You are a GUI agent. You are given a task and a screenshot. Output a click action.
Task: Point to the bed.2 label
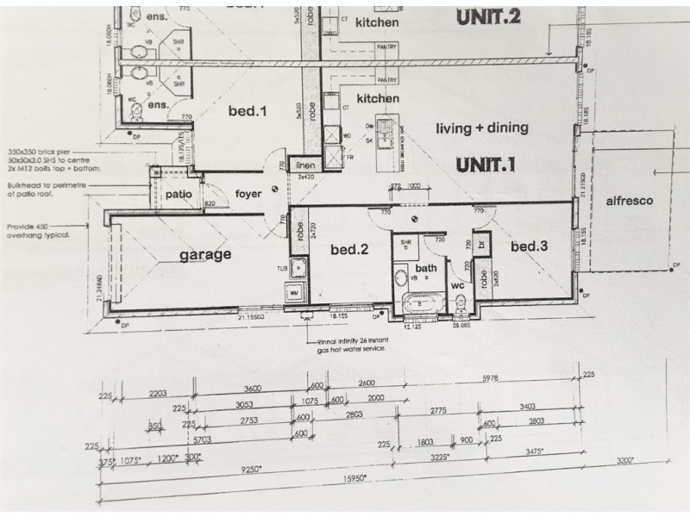click(x=351, y=250)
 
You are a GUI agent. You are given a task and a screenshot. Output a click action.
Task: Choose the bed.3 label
click(x=530, y=247)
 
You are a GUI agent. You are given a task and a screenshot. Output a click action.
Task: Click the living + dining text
click(x=481, y=128)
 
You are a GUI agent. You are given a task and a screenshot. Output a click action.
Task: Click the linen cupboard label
click(x=304, y=166)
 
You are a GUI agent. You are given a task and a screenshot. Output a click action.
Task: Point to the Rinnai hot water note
click(x=354, y=346)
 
